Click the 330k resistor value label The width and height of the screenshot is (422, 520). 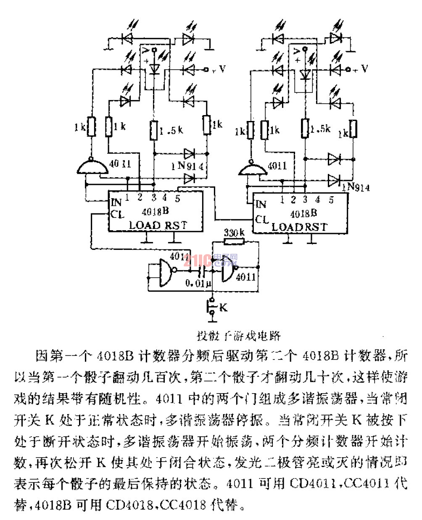click(234, 232)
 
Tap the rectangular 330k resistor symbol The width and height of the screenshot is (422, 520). click(234, 242)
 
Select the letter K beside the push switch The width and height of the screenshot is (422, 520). click(223, 307)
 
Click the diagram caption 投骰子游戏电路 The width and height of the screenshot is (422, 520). click(239, 336)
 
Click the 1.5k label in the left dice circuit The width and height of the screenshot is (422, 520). click(172, 130)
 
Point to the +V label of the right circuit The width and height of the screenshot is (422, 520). click(360, 68)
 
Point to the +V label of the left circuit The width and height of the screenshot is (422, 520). click(219, 68)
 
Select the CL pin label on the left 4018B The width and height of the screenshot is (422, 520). click(117, 214)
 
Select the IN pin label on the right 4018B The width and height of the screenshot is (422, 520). click(261, 204)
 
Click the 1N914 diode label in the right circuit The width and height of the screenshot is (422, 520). click(355, 187)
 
